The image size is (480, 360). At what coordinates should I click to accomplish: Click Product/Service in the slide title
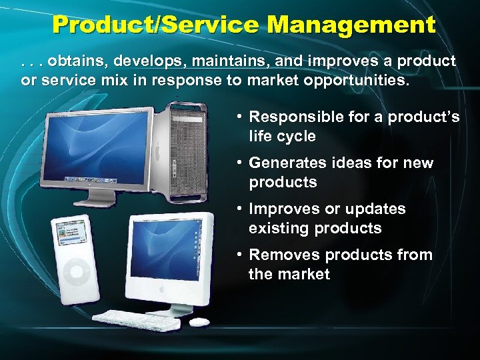click(x=155, y=26)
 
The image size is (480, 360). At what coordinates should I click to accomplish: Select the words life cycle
click(x=282, y=136)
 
